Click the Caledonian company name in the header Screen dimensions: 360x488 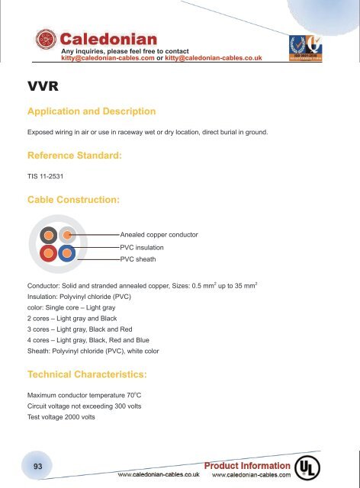pyautogui.click(x=109, y=38)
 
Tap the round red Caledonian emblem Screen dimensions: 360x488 pyautogui.click(x=46, y=43)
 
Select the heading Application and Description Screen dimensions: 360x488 pyautogui.click(x=92, y=111)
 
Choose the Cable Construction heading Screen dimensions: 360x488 pyautogui.click(x=72, y=199)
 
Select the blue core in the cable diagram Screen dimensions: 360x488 pyautogui.click(x=66, y=252)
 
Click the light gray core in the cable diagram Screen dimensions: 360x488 pyautogui.click(x=66, y=235)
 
